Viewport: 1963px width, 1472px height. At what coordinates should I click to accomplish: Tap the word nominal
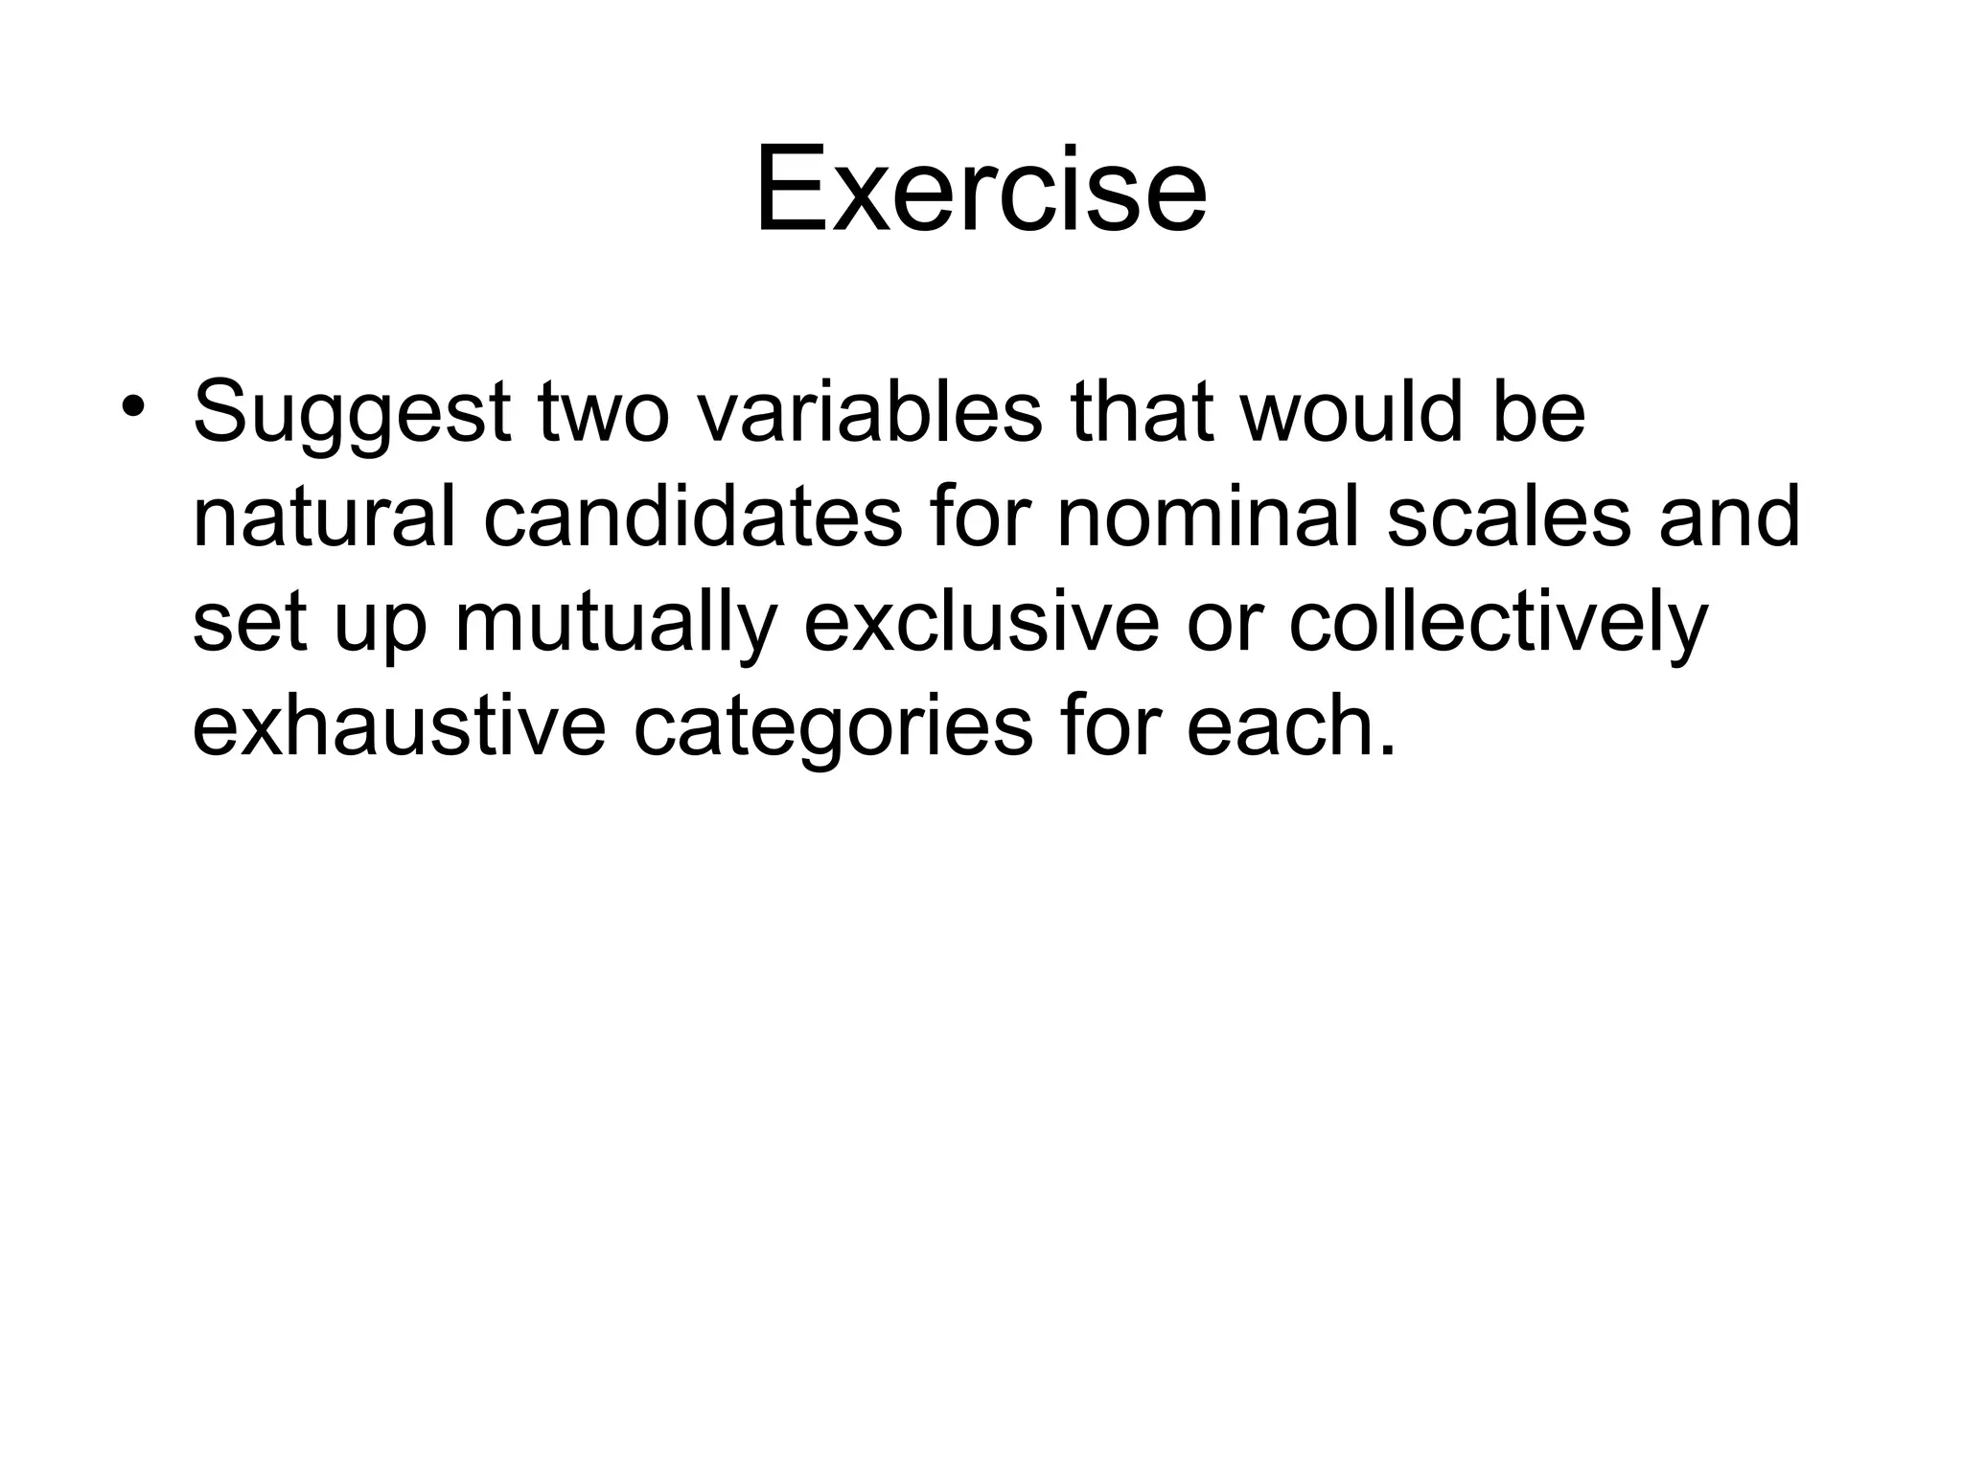(x=1207, y=517)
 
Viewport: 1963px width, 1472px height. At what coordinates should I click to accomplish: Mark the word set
(x=249, y=623)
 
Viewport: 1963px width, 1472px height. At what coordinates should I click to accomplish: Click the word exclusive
(x=981, y=623)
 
